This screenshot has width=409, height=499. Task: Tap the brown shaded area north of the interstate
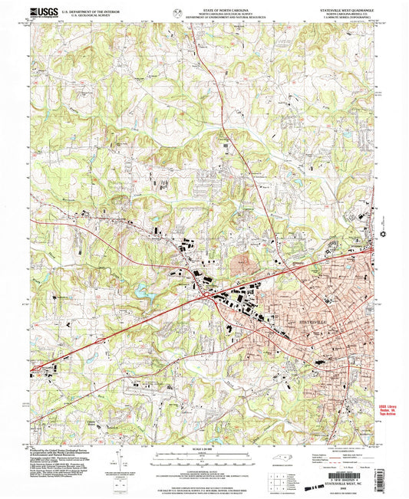pos(246,265)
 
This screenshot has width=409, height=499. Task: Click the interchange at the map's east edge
pos(373,248)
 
